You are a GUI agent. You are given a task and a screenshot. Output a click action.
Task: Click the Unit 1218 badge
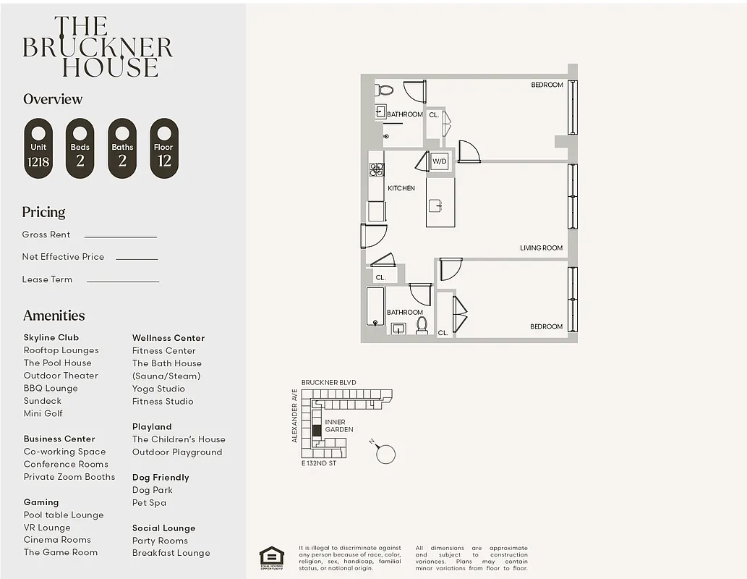tap(38, 148)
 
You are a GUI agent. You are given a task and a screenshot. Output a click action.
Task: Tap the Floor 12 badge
tap(164, 148)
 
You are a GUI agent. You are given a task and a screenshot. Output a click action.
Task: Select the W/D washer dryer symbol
tap(440, 161)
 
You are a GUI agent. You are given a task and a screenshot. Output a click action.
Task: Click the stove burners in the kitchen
tap(377, 169)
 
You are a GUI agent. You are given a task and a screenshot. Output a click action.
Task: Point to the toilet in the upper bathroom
tap(385, 90)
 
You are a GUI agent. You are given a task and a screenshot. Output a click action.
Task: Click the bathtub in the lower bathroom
tap(375, 307)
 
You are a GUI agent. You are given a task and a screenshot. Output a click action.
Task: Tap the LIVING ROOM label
tap(541, 248)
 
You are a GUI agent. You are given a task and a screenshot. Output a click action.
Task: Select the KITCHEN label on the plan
tap(401, 188)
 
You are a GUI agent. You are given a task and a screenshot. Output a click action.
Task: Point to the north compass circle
tap(386, 454)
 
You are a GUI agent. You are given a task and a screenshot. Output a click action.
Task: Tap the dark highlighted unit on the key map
tap(316, 430)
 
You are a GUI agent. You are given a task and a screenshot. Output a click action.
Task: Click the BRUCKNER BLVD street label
tap(328, 382)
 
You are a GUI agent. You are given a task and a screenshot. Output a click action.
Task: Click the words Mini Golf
tap(43, 413)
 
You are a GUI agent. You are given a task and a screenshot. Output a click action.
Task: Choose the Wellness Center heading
tap(168, 338)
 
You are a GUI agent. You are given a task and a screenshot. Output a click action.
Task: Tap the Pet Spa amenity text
tap(149, 502)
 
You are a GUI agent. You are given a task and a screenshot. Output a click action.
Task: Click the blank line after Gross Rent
tap(120, 236)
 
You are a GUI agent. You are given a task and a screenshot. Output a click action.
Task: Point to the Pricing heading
tap(43, 212)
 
